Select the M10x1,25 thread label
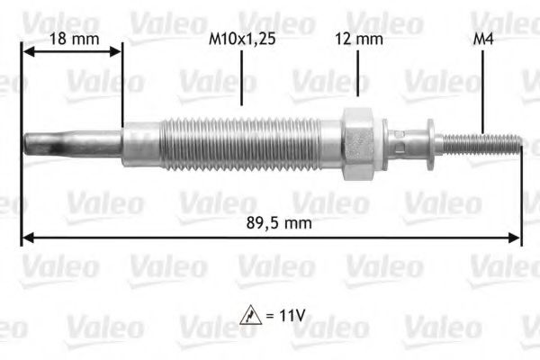pos(242,40)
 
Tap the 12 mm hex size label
pos(358,40)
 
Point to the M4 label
pos(482,40)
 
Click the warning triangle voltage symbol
pos(249,317)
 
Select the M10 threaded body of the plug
pos(243,141)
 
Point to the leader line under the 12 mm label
pos(358,74)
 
